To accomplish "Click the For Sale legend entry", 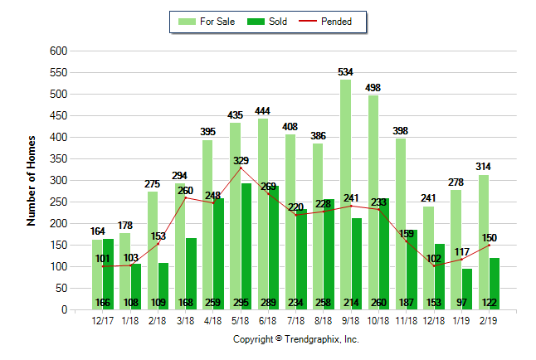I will click(x=208, y=22).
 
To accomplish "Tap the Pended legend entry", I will click(x=335, y=22).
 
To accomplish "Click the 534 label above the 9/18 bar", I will click(x=345, y=72).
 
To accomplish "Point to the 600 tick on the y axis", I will click(x=57, y=51).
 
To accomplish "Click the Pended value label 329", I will click(x=240, y=160).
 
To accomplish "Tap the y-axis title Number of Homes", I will click(x=32, y=180).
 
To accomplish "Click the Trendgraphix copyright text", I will click(x=295, y=339).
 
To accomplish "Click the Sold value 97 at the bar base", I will click(x=467, y=303).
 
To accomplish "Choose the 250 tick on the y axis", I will click(x=57, y=202).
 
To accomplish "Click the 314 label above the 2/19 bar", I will click(x=483, y=167).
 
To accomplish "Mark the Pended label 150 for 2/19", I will click(x=489, y=237).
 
